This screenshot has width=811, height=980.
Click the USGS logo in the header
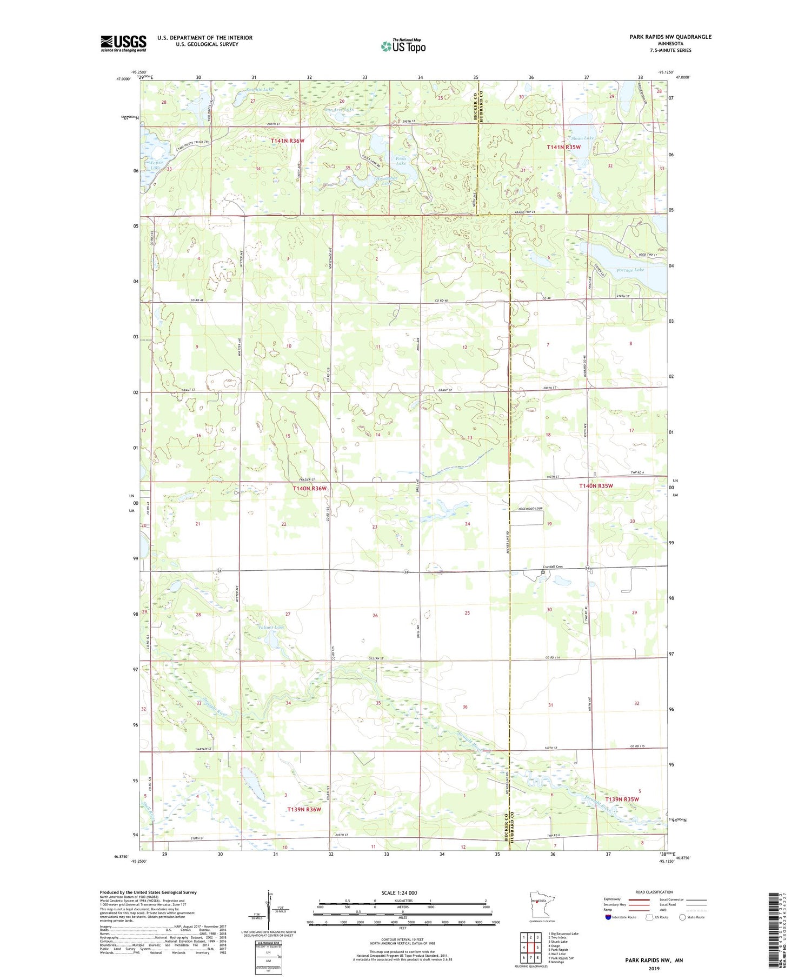tap(123, 43)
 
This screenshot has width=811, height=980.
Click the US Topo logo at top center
tap(403, 46)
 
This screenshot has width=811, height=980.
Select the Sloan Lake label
tap(582, 138)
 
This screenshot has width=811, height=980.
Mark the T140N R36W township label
tap(310, 488)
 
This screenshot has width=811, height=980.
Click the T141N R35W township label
tap(563, 147)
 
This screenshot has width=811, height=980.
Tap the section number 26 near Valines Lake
tap(375, 615)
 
